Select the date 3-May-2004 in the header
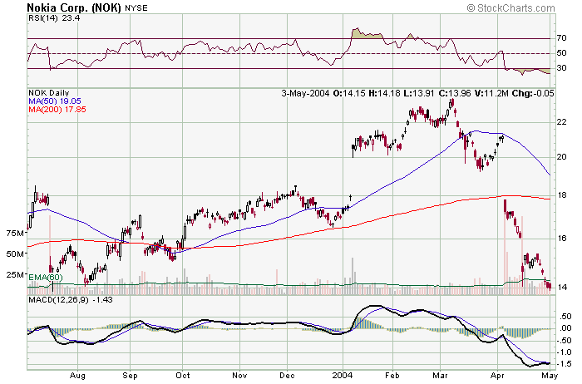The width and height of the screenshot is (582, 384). pyautogui.click(x=305, y=93)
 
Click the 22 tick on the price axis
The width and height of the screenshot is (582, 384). pyautogui.click(x=562, y=121)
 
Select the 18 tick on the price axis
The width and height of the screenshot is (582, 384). pyautogui.click(x=562, y=195)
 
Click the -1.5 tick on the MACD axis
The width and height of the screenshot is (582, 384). pyautogui.click(x=564, y=363)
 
